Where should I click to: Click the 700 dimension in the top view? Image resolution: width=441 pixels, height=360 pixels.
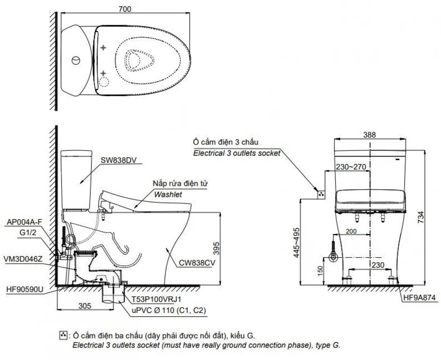point(125,9)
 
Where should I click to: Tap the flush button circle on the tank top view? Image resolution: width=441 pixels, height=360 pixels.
point(76,60)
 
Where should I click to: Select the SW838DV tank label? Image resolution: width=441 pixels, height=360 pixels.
point(119,160)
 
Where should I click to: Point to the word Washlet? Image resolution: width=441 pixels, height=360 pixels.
point(168,194)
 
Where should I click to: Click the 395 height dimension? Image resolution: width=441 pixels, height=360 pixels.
point(216,248)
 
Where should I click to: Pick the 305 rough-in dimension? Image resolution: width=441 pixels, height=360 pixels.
point(85,306)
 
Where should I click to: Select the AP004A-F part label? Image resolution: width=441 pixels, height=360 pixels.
point(24,222)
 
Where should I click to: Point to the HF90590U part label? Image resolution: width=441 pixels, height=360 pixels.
point(25,289)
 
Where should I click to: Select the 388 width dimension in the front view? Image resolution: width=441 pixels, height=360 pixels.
point(369,135)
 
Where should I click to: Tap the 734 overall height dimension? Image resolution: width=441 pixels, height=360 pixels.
point(420,218)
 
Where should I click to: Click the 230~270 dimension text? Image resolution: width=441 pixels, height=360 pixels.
point(351,167)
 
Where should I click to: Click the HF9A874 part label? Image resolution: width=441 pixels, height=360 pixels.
point(420,297)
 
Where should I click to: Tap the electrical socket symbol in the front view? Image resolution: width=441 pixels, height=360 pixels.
point(321,194)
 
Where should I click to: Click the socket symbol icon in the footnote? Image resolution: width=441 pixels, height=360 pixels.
point(63,335)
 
